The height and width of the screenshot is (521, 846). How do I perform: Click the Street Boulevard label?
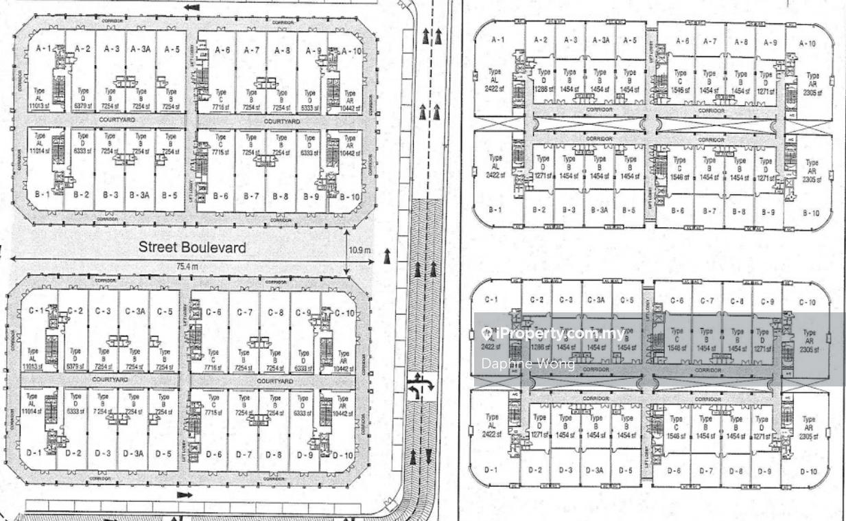click(x=192, y=247)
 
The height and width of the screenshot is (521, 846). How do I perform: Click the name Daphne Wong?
click(x=528, y=364)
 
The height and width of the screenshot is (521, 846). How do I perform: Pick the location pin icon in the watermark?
click(x=487, y=334)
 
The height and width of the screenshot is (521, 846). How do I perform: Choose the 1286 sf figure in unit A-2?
click(x=543, y=89)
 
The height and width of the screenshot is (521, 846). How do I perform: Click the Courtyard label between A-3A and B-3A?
click(x=117, y=119)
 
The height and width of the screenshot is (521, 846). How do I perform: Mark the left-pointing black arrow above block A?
click(x=192, y=8)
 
